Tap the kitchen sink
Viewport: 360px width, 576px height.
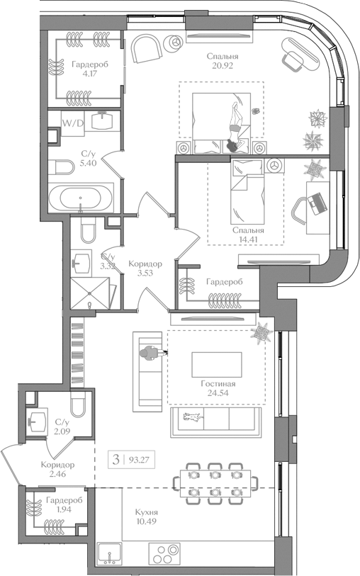pos(109,553)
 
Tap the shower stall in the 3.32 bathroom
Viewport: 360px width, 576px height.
pos(91,293)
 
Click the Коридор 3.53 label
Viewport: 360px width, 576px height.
pos(145,268)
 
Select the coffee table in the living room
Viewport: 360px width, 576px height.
pos(216,365)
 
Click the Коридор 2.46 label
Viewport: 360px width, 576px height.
pos(57,470)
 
